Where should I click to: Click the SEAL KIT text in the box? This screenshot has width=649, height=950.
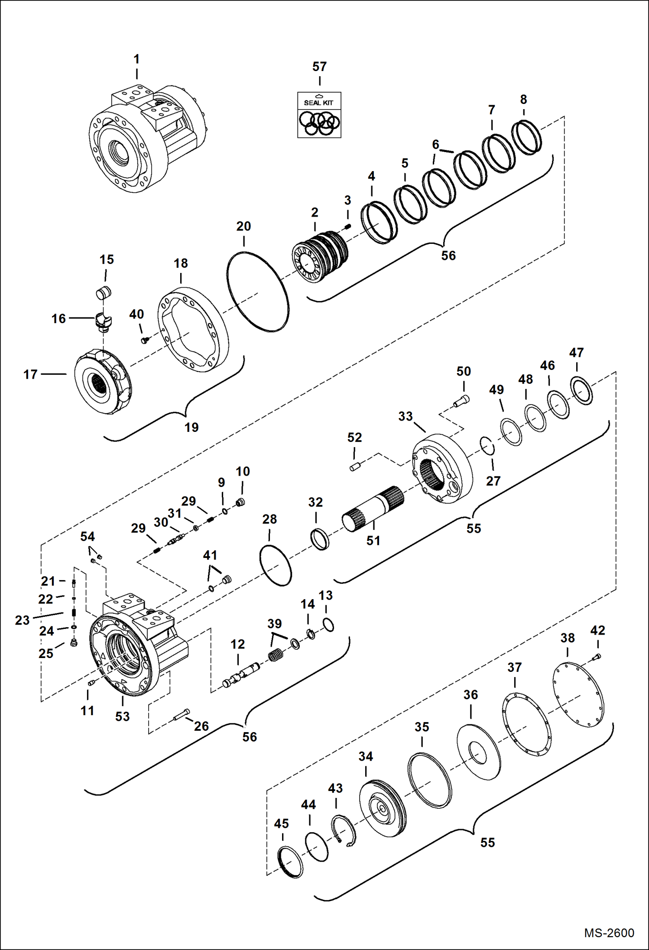coord(318,103)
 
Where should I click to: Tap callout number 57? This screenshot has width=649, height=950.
coord(319,67)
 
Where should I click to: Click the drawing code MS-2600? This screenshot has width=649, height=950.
coord(609,933)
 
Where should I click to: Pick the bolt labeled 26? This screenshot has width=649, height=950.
coord(182,716)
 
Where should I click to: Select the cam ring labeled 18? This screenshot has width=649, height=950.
coord(193,331)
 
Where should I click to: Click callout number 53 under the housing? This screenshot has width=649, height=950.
coord(122,716)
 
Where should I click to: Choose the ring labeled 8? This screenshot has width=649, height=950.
coord(526,138)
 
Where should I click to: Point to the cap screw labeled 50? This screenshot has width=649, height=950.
coord(461,400)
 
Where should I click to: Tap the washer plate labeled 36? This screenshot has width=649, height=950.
coord(479,752)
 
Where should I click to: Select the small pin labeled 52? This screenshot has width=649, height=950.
coord(355,467)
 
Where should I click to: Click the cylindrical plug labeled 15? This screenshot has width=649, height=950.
coord(104,293)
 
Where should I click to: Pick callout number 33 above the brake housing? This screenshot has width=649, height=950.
coord(405,416)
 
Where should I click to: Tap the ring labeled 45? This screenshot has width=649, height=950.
coord(290,862)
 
